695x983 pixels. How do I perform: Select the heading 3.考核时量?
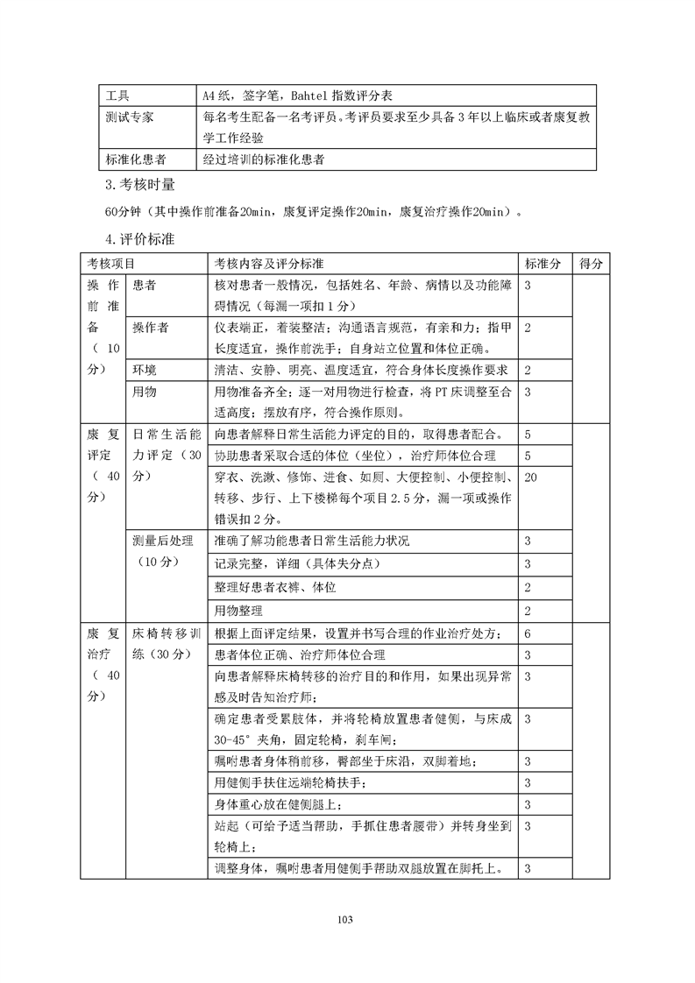pyautogui.click(x=139, y=185)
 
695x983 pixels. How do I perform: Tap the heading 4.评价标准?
pyautogui.click(x=139, y=240)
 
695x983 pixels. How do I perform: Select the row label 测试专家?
pyautogui.click(x=129, y=117)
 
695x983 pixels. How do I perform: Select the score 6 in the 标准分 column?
pyautogui.click(x=528, y=633)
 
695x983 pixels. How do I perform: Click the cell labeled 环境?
pyautogui.click(x=145, y=371)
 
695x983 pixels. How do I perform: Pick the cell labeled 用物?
pyautogui.click(x=145, y=392)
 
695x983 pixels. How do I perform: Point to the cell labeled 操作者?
pyautogui.click(x=151, y=328)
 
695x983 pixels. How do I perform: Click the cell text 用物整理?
pyautogui.click(x=241, y=610)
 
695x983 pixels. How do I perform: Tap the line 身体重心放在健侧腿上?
pyautogui.click(x=279, y=804)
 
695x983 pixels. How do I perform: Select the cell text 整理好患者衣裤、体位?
pyautogui.click(x=275, y=587)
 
